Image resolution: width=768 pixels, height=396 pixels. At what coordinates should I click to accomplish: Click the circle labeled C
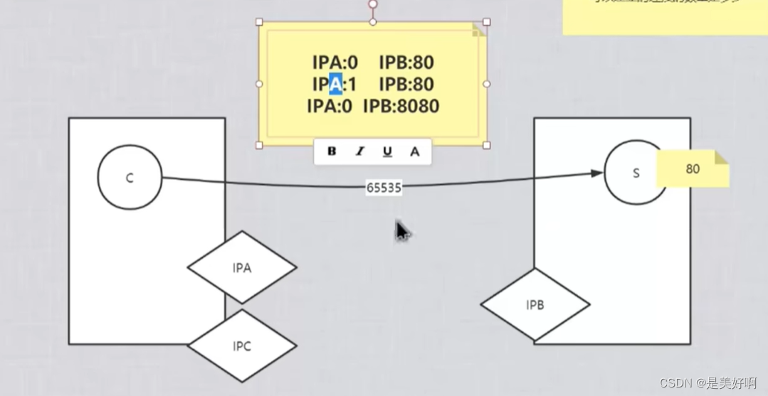tap(130, 178)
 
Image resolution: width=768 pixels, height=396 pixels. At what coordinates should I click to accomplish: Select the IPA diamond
tap(242, 268)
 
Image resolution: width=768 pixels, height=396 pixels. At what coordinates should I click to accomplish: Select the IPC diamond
tap(242, 346)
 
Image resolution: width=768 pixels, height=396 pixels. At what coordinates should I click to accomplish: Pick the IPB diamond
tap(535, 305)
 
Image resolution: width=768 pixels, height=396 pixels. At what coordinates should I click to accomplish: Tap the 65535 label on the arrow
tap(384, 188)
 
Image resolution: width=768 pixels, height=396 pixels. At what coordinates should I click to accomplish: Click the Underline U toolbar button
tap(387, 151)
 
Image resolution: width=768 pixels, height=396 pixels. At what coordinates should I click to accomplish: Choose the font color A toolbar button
tap(415, 151)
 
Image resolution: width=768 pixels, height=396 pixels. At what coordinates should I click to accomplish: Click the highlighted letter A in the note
tap(335, 85)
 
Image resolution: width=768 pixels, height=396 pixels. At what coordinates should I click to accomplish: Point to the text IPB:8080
tap(401, 107)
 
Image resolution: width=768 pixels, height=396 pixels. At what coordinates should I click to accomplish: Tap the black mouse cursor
tap(402, 231)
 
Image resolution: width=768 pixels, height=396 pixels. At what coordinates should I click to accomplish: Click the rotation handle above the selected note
tap(372, 5)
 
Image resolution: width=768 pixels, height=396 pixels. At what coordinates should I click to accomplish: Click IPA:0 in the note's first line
tap(335, 63)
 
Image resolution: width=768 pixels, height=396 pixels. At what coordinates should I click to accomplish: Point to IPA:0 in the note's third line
tap(330, 107)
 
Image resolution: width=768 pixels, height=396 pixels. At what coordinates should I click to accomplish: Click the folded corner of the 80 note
tap(721, 157)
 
